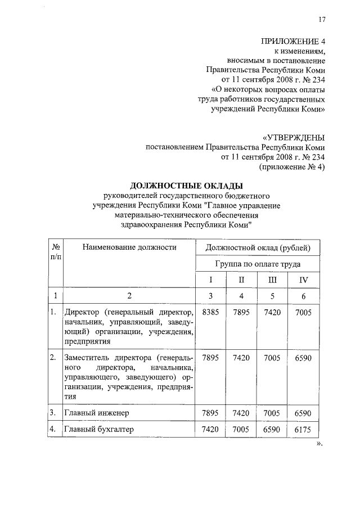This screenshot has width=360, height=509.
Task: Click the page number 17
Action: pyautogui.click(x=322, y=20)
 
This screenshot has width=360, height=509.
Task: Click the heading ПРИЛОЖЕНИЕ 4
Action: pyautogui.click(x=293, y=41)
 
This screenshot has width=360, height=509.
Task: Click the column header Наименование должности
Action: pyautogui.click(x=129, y=247)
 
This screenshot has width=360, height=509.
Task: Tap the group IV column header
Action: pyautogui.click(x=304, y=280)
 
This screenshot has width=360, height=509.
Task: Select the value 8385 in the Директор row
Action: pyautogui.click(x=210, y=312)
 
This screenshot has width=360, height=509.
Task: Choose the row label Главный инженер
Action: pyautogui.click(x=97, y=413)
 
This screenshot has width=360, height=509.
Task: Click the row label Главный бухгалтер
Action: pyautogui.click(x=100, y=431)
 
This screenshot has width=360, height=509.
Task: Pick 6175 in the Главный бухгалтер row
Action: pyautogui.click(x=304, y=431)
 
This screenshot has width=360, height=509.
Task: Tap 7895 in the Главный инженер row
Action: pyautogui.click(x=210, y=413)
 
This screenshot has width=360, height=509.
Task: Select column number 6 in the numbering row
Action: pyautogui.click(x=304, y=295)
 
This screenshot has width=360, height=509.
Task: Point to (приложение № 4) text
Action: pyautogui.click(x=292, y=167)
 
